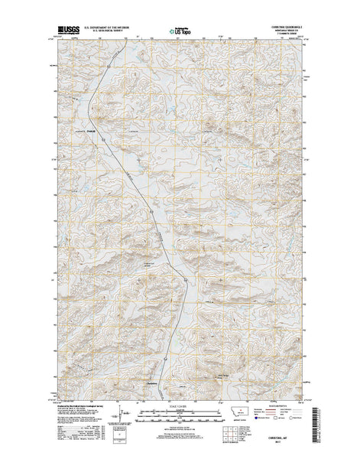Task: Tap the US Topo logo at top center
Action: coord(180,33)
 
